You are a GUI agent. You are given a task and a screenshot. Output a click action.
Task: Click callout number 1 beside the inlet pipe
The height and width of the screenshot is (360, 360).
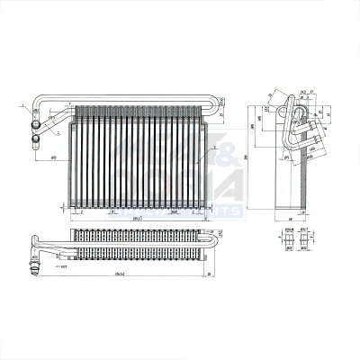coord(21,106)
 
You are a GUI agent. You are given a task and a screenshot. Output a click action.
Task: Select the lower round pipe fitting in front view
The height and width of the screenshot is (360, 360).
coord(37,139)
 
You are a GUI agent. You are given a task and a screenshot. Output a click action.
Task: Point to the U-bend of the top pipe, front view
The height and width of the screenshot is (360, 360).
coord(217,104)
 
